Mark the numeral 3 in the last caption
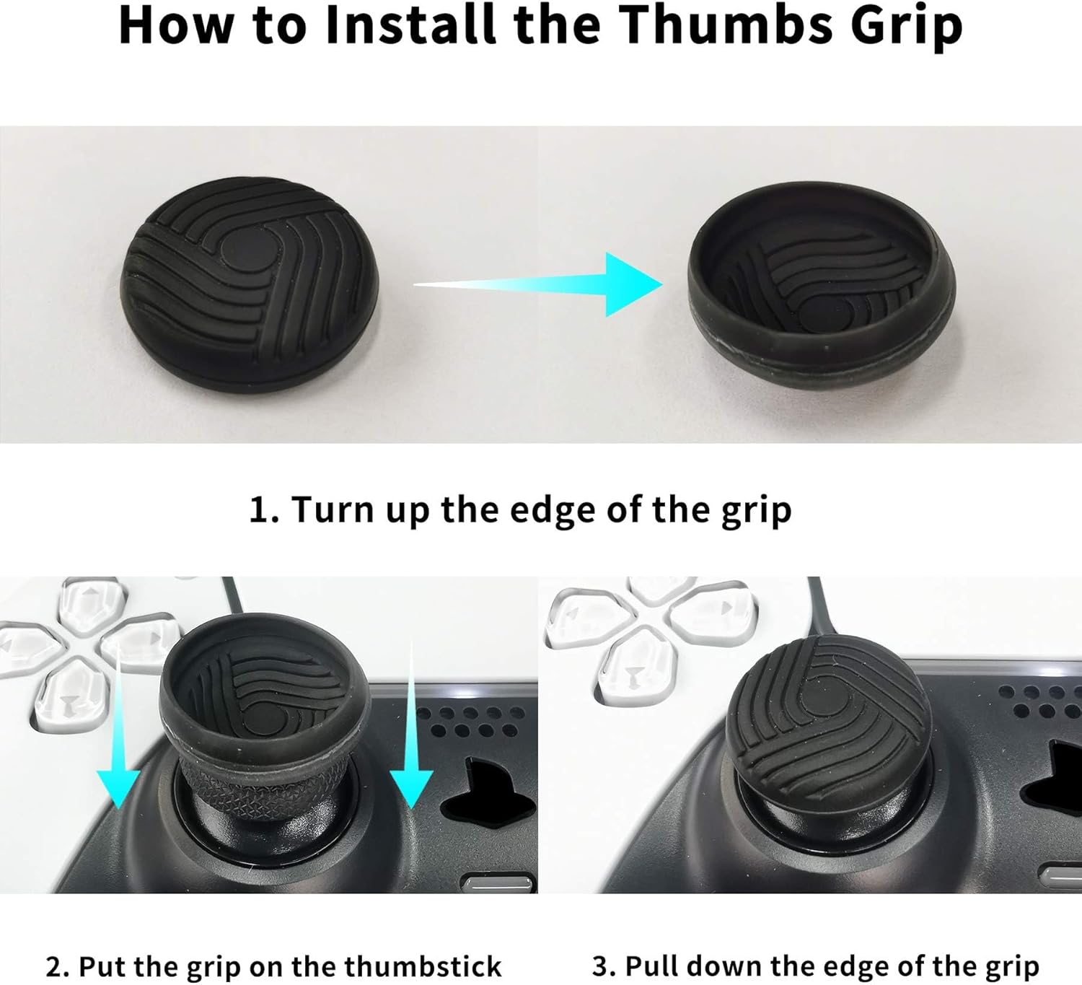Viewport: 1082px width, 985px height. click(601, 966)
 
